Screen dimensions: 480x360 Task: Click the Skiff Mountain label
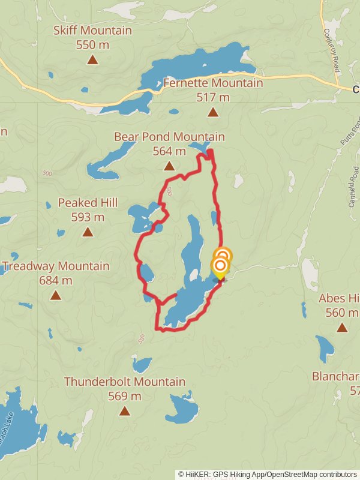[x=92, y=31]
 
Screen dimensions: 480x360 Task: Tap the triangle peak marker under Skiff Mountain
[x=92, y=59]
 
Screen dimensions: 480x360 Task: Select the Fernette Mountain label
[x=213, y=83]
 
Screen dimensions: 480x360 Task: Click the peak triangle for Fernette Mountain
[x=213, y=112]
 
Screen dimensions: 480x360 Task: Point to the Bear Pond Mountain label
[x=169, y=137]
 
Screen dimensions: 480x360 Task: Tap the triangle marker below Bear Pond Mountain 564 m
[x=169, y=166]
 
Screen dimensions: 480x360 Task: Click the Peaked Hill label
[x=88, y=203]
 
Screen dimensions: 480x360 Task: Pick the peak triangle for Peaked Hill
[x=88, y=232]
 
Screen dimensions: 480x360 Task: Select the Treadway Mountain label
[x=56, y=266]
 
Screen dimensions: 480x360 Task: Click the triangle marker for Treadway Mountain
[x=56, y=295]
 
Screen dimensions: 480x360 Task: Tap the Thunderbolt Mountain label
[x=125, y=382]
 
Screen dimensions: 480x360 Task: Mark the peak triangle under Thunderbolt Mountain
[x=125, y=410]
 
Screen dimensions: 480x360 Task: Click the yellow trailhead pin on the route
[x=220, y=268]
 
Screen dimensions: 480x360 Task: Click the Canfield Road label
[x=353, y=191]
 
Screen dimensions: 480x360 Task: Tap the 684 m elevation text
[x=56, y=280]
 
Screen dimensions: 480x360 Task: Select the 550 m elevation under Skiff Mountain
[x=92, y=44]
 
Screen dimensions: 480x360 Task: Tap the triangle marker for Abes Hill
[x=342, y=327]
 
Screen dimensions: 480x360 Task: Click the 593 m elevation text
[x=88, y=217]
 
